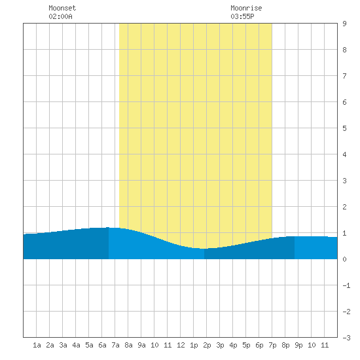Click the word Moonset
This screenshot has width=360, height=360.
coord(62,8)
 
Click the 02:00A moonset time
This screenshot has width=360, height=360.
coord(60,16)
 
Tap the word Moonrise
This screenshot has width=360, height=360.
coord(246,8)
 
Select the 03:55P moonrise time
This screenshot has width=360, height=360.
coord(242,16)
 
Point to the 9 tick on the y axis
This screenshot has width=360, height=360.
coord(344,24)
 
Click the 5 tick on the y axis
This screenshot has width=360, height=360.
coord(344,128)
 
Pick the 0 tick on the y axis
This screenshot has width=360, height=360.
coord(344,259)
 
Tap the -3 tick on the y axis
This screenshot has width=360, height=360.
coord(346,338)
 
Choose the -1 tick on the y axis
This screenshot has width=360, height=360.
coord(346,285)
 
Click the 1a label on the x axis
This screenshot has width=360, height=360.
coord(37,345)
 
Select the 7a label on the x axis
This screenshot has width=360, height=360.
coord(115,345)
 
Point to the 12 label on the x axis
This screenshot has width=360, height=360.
coord(181,345)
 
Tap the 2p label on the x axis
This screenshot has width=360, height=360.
coord(207,345)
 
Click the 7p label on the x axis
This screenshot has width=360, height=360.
coord(272,345)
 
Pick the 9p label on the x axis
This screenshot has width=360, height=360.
coord(298,345)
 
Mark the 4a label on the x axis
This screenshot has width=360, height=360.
coord(76,345)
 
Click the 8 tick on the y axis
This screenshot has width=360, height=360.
coord(344,50)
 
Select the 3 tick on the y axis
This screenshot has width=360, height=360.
coord(344,181)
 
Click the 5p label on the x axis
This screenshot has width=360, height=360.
coord(246,345)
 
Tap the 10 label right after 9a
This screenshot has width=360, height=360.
coord(154,345)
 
